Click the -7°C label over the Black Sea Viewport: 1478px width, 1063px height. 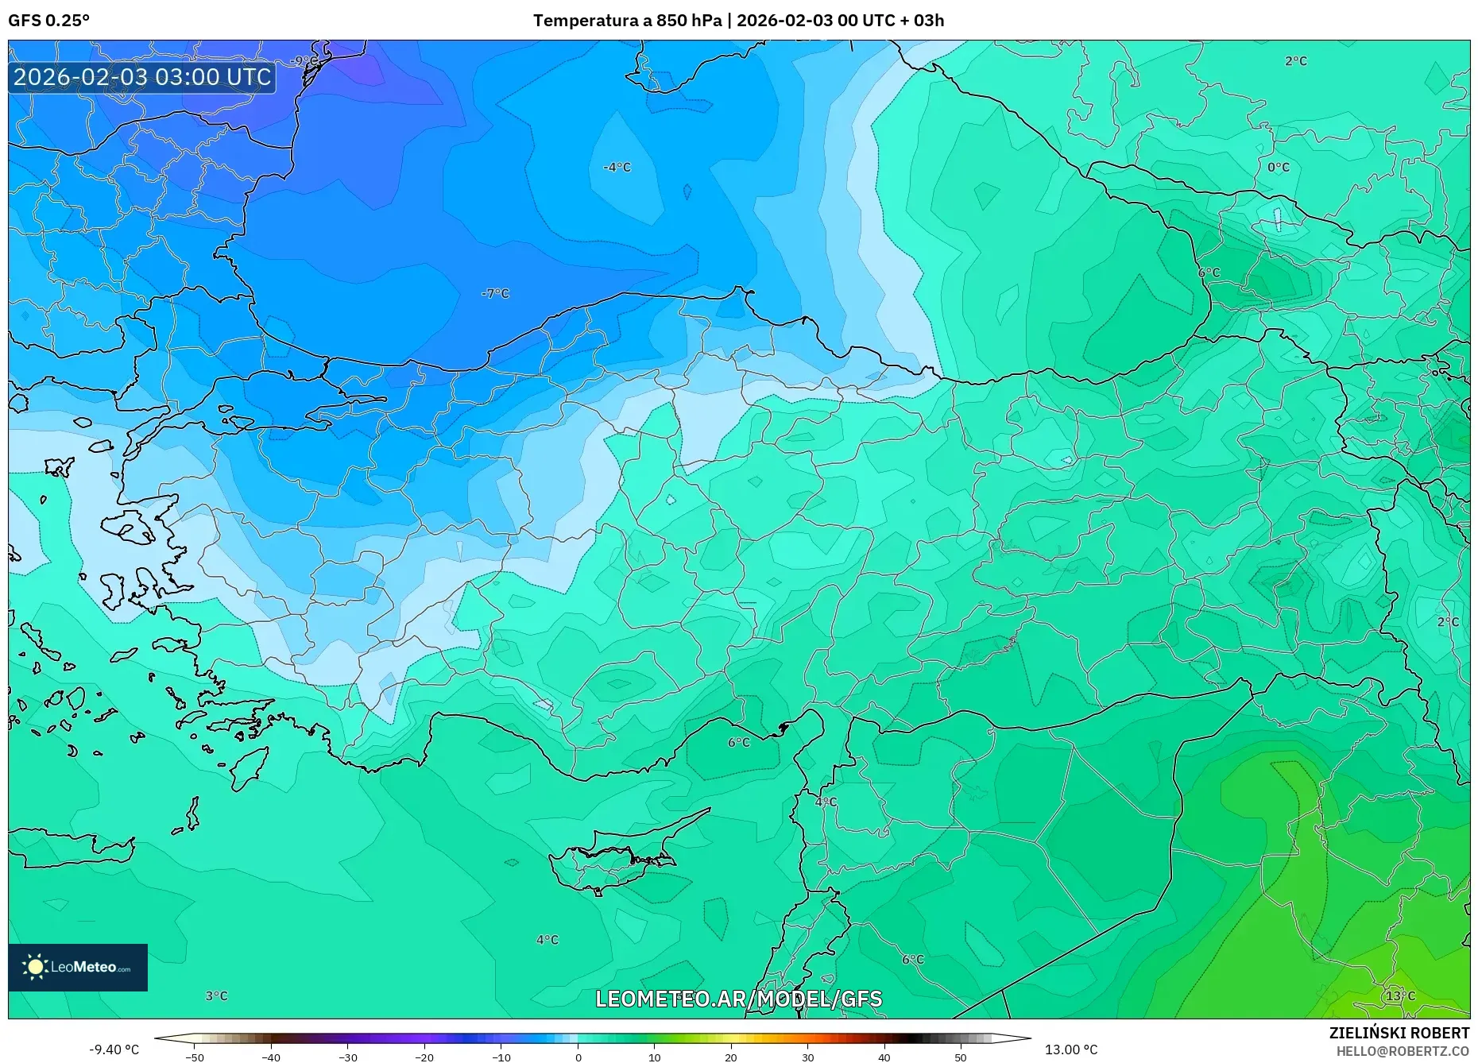(495, 293)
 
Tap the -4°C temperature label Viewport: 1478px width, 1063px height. (617, 167)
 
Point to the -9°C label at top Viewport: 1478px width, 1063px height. (304, 61)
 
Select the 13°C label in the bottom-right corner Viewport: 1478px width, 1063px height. (1400, 995)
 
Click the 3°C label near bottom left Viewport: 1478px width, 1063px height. (216, 995)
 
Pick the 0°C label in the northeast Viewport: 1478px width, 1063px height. (1278, 167)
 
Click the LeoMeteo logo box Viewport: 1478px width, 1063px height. (78, 967)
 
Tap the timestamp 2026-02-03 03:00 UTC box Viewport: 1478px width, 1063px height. (142, 77)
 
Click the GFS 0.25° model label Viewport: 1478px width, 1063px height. (48, 21)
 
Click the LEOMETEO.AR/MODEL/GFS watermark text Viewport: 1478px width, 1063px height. (738, 999)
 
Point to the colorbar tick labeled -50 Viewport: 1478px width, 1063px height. (195, 1057)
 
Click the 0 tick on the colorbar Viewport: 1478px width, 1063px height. (578, 1057)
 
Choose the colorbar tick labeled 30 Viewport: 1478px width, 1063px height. (807, 1057)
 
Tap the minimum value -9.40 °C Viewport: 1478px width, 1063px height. (114, 1049)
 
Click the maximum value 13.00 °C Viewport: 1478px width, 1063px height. (1070, 1049)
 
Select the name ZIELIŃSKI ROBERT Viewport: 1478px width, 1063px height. (1399, 1033)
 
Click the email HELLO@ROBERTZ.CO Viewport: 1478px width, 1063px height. (1402, 1051)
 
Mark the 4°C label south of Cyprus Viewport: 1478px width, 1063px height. (547, 939)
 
